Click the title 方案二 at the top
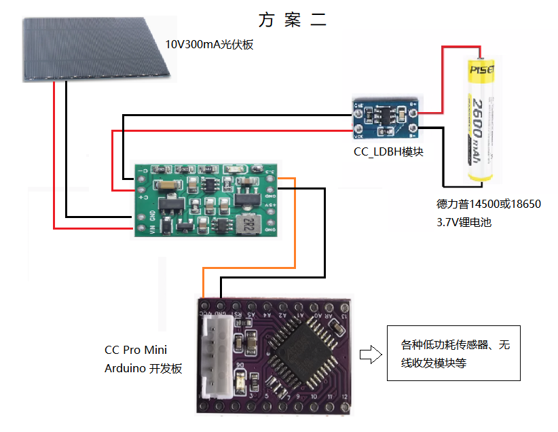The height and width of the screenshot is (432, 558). pyautogui.click(x=292, y=19)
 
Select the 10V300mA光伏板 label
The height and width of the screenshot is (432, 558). pyautogui.click(x=209, y=45)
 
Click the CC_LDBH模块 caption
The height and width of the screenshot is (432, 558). pyautogui.click(x=388, y=151)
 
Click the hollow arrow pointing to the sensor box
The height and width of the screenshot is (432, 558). pyautogui.click(x=369, y=354)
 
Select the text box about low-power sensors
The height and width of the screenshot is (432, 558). pyautogui.click(x=453, y=354)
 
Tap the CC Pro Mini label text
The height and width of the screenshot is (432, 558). pyautogui.click(x=135, y=350)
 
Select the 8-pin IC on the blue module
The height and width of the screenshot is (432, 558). pyautogui.click(x=384, y=114)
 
